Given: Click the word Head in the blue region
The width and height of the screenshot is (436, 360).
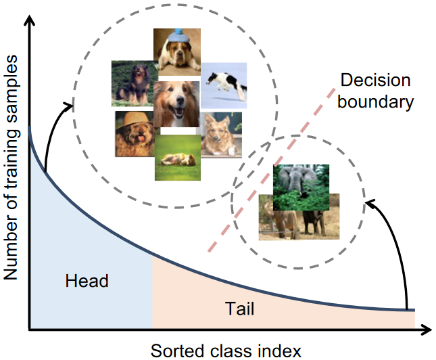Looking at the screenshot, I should pyautogui.click(x=87, y=281).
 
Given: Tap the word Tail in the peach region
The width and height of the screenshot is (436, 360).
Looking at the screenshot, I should pyautogui.click(x=239, y=309).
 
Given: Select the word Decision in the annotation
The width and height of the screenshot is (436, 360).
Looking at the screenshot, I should pyautogui.click(x=375, y=81).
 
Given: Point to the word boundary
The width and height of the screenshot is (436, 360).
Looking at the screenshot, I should pyautogui.click(x=375, y=102).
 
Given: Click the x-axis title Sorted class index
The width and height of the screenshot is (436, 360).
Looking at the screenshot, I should pyautogui.click(x=226, y=350).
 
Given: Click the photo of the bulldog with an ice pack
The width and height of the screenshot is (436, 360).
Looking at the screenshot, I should pyautogui.click(x=176, y=53).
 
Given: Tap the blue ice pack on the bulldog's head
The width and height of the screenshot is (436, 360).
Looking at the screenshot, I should pyautogui.click(x=178, y=32).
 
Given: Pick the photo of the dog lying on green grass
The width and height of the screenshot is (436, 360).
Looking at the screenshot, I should pyautogui.click(x=177, y=158).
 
